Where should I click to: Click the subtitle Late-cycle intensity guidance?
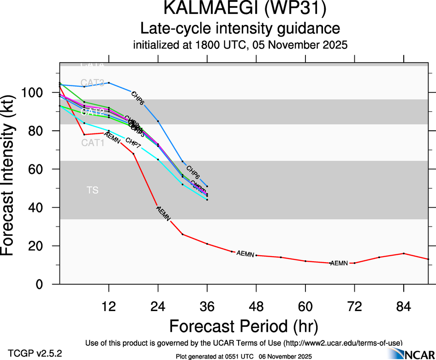point(240,29)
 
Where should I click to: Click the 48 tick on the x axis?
point(256,295)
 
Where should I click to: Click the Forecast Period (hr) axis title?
point(244,325)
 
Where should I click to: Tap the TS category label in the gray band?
point(92,190)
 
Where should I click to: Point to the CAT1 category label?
point(93,143)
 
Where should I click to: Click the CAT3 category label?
point(92,83)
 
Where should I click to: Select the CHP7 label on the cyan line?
point(133,147)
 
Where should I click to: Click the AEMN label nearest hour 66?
point(339,263)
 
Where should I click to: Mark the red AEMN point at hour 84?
point(404,253)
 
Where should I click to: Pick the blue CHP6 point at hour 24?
point(158,121)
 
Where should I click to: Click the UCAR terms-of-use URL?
point(343,343)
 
